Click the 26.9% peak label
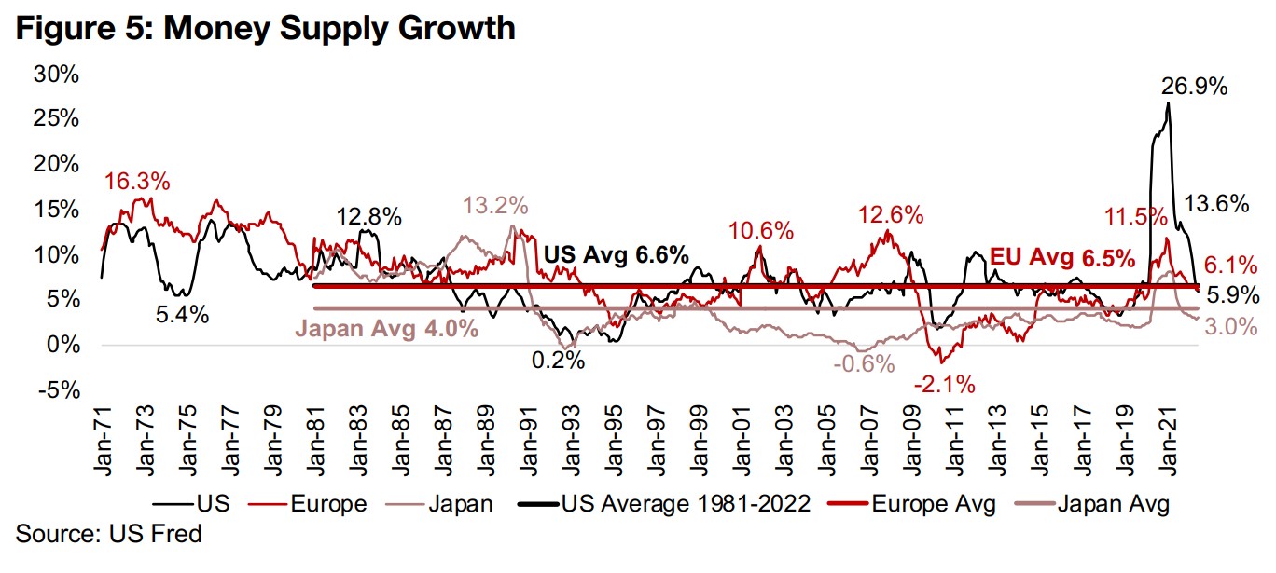pyautogui.click(x=1194, y=88)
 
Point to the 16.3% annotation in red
pyautogui.click(x=137, y=181)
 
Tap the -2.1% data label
pyautogui.click(x=943, y=383)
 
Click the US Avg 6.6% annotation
pyautogui.click(x=616, y=254)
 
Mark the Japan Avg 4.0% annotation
pyautogui.click(x=387, y=328)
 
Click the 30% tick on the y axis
pyautogui.click(x=56, y=75)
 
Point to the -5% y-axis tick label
pyautogui.click(x=59, y=390)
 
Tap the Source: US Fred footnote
pyautogui.click(x=109, y=534)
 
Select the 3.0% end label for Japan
pyautogui.click(x=1230, y=327)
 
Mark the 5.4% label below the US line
pyautogui.click(x=181, y=315)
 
